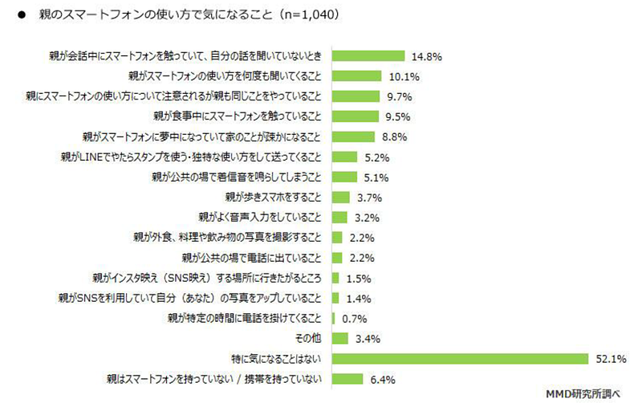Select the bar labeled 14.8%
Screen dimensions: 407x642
tap(368, 56)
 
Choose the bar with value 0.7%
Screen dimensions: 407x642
tap(333, 318)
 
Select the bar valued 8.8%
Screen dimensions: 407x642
tap(353, 136)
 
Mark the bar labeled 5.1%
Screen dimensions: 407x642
tap(343, 177)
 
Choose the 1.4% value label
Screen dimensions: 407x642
tap(357, 298)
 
